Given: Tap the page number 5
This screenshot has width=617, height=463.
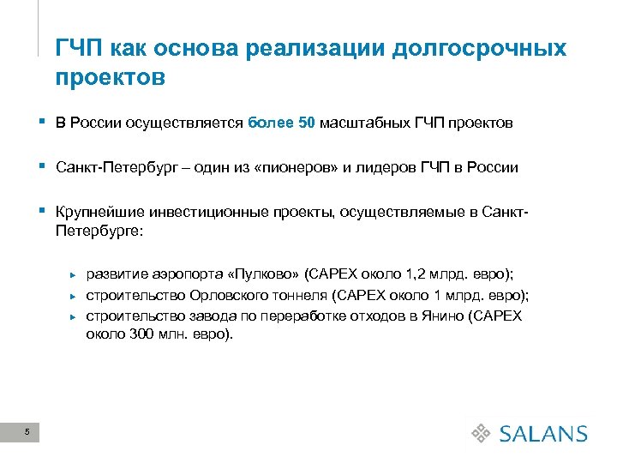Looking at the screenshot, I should click(x=28, y=431).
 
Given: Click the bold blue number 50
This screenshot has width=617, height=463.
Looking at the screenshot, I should click(x=307, y=123).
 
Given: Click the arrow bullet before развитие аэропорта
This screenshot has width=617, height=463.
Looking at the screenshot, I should click(x=74, y=274).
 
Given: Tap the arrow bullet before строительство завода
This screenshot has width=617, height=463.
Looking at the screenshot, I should click(x=74, y=316).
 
